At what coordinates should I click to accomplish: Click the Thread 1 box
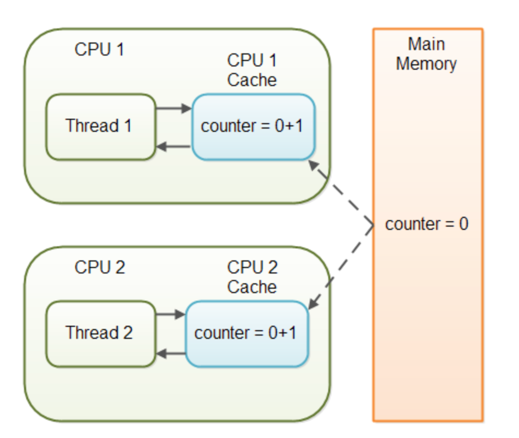coord(100,126)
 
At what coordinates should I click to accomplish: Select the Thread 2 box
coord(100,333)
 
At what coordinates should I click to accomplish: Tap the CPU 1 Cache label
coord(252,70)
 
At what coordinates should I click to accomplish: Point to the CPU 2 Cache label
coord(252,277)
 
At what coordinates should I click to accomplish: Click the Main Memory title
coord(426,54)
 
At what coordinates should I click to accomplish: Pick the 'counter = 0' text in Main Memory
coord(426,224)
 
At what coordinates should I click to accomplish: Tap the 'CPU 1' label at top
coord(99,50)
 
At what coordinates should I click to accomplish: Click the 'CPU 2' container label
coord(99,267)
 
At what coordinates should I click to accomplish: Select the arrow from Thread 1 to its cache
coord(173,108)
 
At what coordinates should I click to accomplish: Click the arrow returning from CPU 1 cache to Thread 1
coord(173,146)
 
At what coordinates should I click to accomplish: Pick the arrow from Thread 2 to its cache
coord(170,314)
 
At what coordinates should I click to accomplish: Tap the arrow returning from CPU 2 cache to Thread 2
coord(170,354)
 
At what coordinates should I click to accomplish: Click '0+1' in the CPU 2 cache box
coord(282,333)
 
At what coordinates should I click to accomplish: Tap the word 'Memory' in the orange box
coord(426,64)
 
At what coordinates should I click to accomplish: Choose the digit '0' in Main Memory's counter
coord(463,224)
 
